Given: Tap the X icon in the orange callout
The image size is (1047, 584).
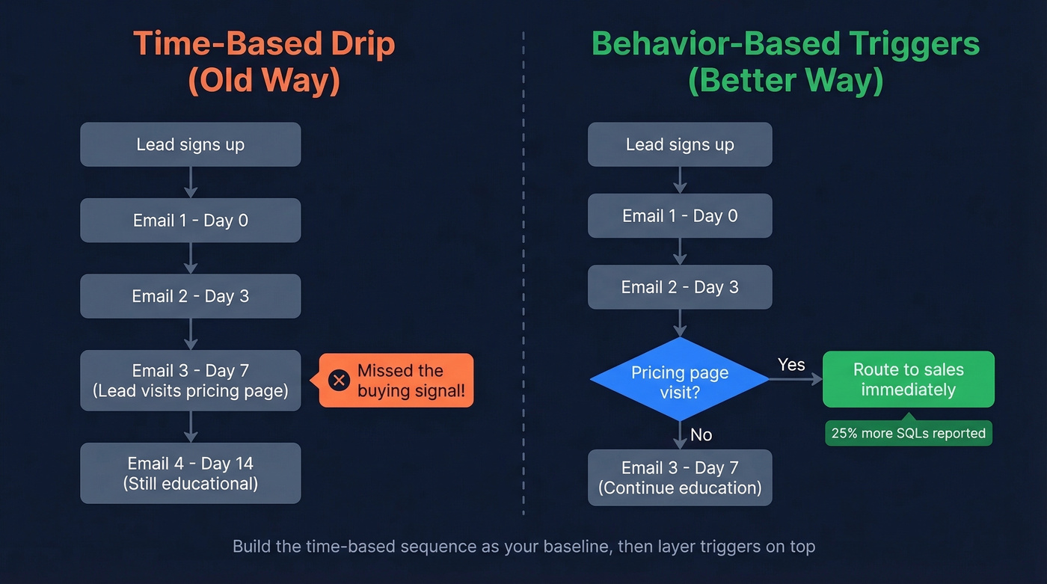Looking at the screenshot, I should (339, 380).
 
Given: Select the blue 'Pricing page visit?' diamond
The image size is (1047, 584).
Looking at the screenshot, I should (679, 381).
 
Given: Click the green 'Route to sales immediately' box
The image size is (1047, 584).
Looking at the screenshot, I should (908, 379).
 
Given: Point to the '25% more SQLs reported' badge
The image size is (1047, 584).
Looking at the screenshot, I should (908, 433).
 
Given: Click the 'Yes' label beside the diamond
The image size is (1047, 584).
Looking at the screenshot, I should (790, 365).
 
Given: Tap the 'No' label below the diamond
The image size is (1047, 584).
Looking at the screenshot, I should (701, 434).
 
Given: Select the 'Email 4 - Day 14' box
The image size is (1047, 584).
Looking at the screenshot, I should (191, 473).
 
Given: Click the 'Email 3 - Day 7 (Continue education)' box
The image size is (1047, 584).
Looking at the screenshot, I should (679, 477).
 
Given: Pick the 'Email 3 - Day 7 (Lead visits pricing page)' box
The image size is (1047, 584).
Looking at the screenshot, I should (191, 380).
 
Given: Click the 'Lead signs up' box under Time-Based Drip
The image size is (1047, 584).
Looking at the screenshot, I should (191, 144).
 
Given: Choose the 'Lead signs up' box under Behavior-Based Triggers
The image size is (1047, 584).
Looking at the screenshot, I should (679, 144).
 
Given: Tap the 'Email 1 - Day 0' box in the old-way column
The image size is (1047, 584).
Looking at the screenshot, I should (191, 220).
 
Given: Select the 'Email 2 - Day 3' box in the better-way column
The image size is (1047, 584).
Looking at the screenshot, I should (679, 287).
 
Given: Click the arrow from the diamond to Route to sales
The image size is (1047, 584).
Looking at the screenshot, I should (796, 380).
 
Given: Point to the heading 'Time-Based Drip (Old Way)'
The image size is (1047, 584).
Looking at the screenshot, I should (264, 63).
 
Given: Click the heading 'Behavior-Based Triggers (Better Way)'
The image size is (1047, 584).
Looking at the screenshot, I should (785, 63).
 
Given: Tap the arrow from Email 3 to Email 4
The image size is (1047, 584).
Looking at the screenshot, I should (191, 426).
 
